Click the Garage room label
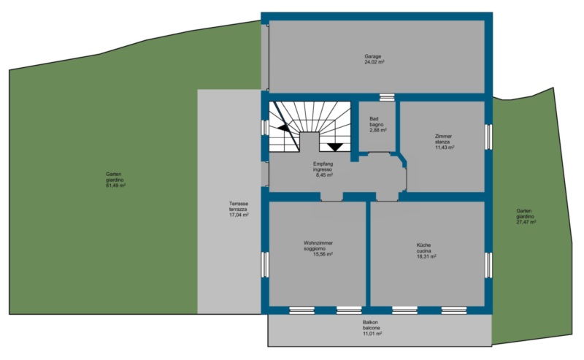pos(372,57)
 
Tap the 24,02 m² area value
pos(374,62)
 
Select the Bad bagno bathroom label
pos(377,122)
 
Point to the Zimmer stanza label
pos(443,139)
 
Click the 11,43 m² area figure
pos(445,148)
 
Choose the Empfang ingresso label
pos(323,166)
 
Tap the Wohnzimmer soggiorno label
pos(318,246)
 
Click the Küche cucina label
pos(424,248)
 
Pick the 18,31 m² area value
pos(426,256)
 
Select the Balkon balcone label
pos(372,326)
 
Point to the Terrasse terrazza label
pos(239,207)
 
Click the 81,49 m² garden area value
pos(116,185)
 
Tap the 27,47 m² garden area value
pos(526,222)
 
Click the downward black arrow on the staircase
pos(335,148)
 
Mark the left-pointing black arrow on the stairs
pos(283,128)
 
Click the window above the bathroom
pos(387,97)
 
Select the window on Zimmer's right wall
pos(488,137)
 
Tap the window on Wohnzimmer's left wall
pos(265,264)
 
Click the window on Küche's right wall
pos(488,264)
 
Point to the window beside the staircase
pos(265,127)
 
